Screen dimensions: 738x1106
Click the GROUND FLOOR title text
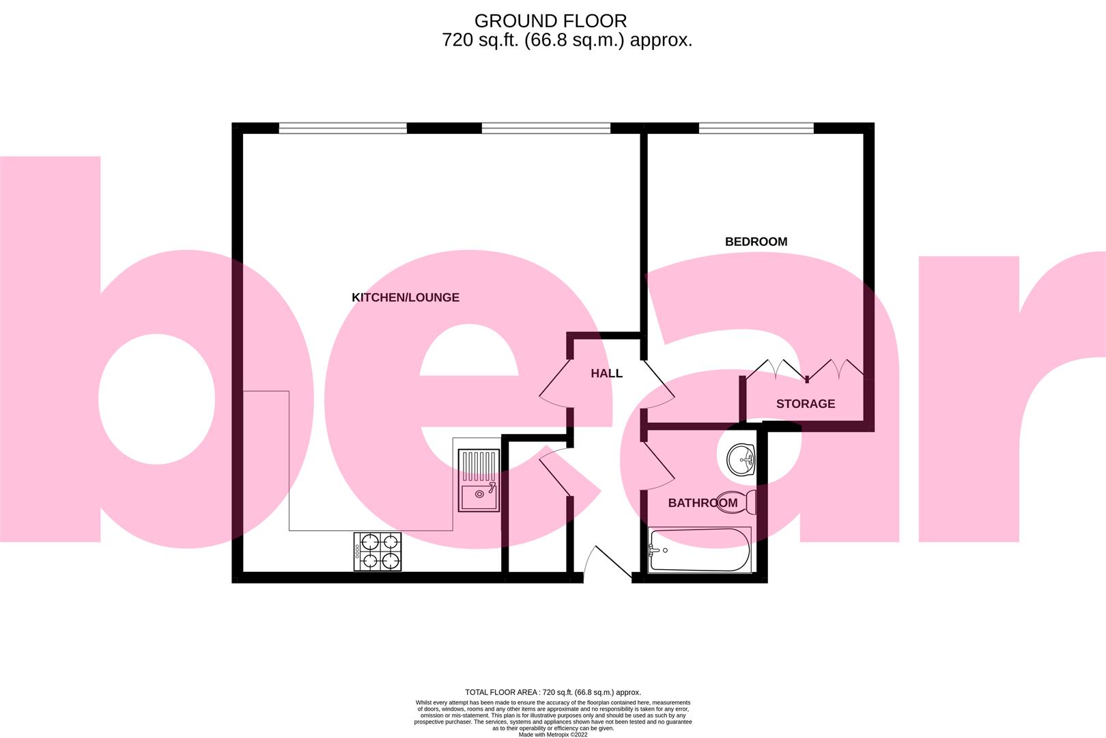tap(550, 21)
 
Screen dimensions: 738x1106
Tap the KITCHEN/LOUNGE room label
tap(405, 297)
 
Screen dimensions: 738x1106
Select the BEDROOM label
tap(756, 241)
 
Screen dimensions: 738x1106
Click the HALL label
tap(606, 373)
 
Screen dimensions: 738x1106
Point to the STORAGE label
tap(805, 403)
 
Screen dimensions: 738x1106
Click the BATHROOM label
tap(702, 503)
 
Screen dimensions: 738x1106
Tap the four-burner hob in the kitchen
tap(377, 551)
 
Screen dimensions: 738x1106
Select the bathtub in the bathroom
tap(698, 550)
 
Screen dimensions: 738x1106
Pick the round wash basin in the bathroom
tap(740, 459)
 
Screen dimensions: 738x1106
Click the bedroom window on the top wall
tap(756, 128)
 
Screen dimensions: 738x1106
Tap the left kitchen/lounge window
tap(343, 128)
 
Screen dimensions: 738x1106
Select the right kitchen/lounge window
tap(545, 128)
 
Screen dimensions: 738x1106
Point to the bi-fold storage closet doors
tap(804, 370)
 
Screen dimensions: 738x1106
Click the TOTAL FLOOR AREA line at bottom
tap(552, 692)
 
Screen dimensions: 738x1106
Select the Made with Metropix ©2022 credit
tap(552, 735)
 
